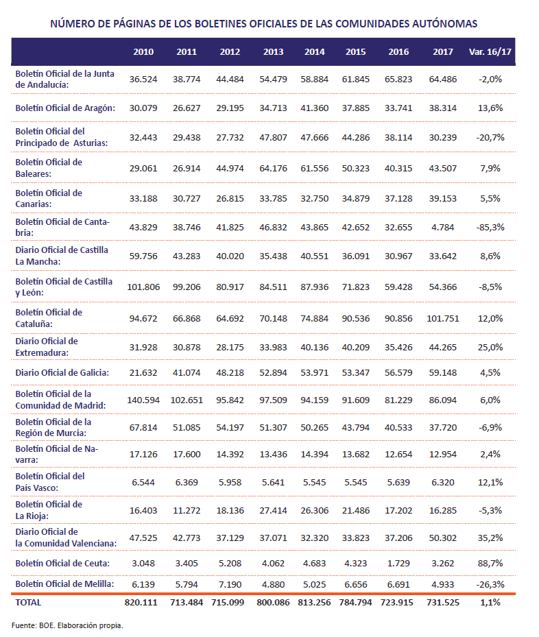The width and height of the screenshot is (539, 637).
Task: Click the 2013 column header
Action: pyautogui.click(x=273, y=52)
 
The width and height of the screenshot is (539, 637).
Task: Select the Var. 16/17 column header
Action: pyautogui.click(x=490, y=52)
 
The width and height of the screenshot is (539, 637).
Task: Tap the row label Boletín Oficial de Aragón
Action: pyautogui.click(x=65, y=108)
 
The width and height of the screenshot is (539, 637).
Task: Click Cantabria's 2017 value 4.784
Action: pyautogui.click(x=443, y=228)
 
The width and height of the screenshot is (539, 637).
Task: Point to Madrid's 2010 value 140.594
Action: pyautogui.click(x=143, y=400)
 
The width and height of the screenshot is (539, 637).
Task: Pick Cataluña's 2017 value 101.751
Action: pyautogui.click(x=443, y=318)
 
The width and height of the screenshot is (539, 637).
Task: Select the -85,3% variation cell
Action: pyautogui.click(x=490, y=228)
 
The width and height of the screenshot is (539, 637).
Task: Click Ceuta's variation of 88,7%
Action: pyautogui.click(x=490, y=564)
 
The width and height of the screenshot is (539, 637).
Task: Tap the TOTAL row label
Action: pyautogui.click(x=28, y=603)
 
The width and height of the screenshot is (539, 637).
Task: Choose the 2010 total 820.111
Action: pyautogui.click(x=141, y=603)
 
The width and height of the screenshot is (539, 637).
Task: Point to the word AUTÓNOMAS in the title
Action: pyautogui.click(x=445, y=23)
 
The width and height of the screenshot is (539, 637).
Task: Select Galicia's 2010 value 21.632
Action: pyautogui.click(x=143, y=373)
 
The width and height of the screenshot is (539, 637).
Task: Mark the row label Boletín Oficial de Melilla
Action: pyautogui.click(x=64, y=584)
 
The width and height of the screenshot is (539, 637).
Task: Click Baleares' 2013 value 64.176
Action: pyautogui.click(x=273, y=168)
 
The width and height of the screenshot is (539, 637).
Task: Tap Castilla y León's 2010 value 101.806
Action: pyautogui.click(x=143, y=287)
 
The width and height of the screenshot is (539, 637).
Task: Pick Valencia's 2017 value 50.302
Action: pyautogui.click(x=443, y=538)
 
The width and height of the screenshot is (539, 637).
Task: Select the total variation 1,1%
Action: pyautogui.click(x=490, y=603)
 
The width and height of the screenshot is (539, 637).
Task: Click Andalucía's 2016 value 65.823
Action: pyautogui.click(x=398, y=80)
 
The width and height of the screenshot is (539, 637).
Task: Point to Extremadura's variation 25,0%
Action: pyautogui.click(x=490, y=348)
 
